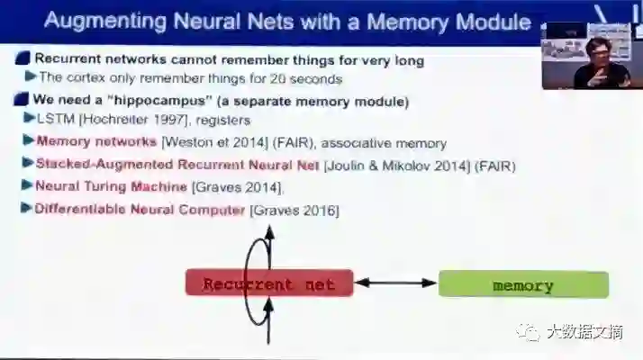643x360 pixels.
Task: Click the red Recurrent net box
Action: point(269,284)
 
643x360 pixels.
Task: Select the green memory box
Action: point(523,285)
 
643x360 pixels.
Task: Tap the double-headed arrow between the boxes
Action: point(396,283)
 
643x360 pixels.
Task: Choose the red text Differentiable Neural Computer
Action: point(140,210)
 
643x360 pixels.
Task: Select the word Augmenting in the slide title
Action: point(95,19)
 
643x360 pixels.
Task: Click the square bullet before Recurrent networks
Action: point(22,60)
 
